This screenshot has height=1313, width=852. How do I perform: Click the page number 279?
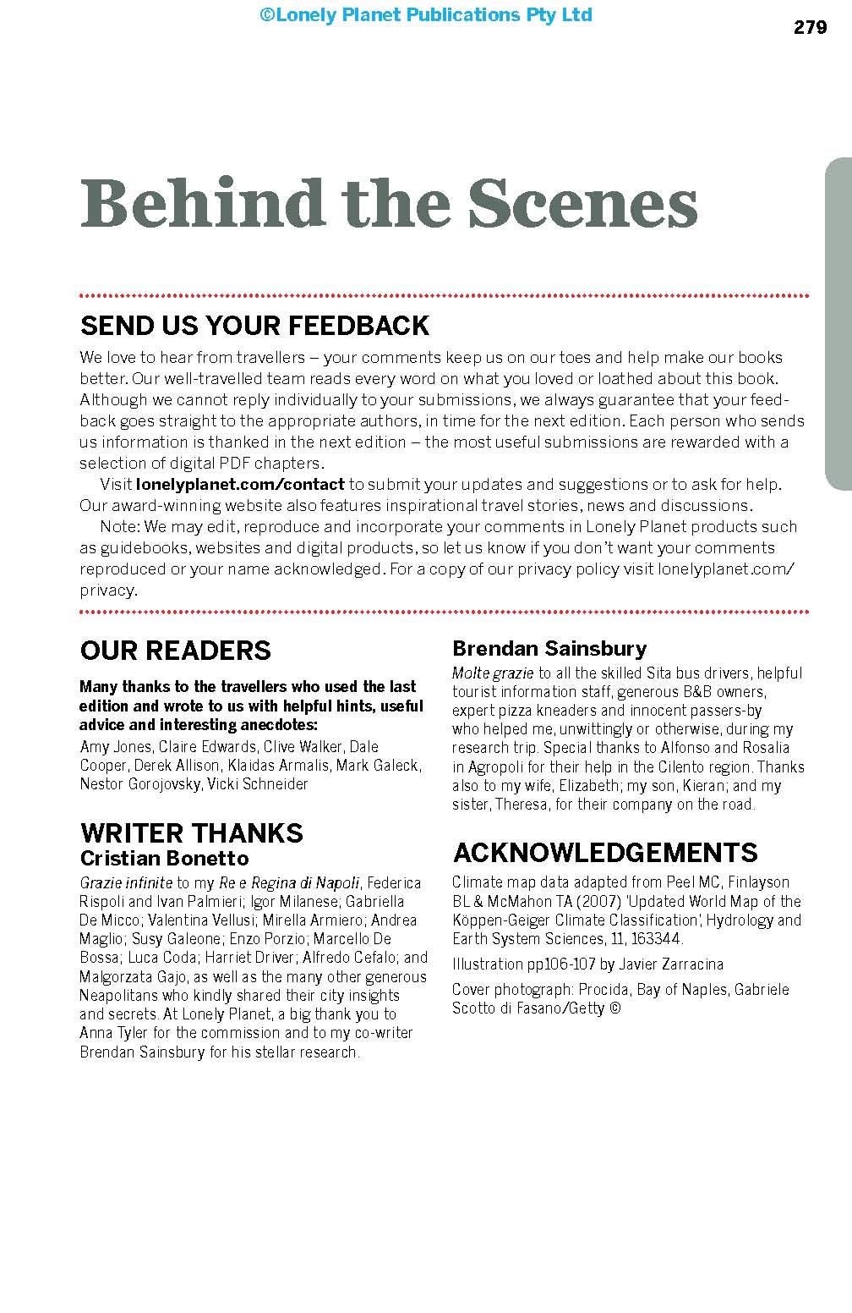pyautogui.click(x=810, y=28)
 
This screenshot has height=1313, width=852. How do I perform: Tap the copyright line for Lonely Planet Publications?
pyautogui.click(x=426, y=14)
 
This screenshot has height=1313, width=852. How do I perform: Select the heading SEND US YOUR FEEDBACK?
pyautogui.click(x=254, y=326)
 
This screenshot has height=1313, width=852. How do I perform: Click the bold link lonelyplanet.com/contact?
pyautogui.click(x=240, y=485)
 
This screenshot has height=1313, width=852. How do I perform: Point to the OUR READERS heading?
pyautogui.click(x=175, y=651)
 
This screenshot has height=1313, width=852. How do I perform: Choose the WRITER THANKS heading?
pyautogui.click(x=191, y=832)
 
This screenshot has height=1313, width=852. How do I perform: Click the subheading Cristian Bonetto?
pyautogui.click(x=164, y=858)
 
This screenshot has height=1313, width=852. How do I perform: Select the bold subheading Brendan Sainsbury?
pyautogui.click(x=549, y=649)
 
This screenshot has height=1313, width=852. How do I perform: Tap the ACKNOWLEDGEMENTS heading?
pyautogui.click(x=605, y=852)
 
